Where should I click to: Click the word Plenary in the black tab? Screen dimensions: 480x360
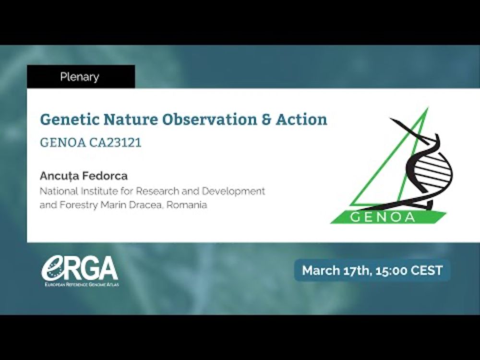(80, 77)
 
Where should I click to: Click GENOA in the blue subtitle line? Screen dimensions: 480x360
(63, 143)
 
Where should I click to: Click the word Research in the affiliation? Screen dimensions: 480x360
(157, 191)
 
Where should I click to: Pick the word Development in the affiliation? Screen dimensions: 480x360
(233, 192)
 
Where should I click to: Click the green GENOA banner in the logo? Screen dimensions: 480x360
(388, 217)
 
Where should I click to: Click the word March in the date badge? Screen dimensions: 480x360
(321, 271)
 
